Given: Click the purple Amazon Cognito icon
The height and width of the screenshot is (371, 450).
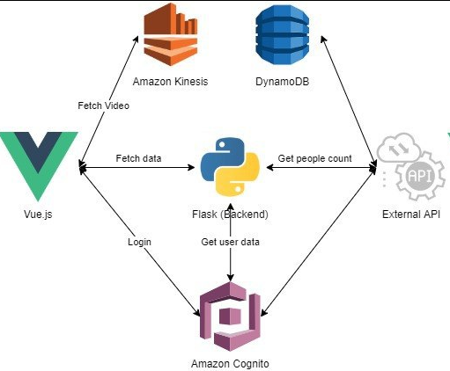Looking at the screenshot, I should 231,316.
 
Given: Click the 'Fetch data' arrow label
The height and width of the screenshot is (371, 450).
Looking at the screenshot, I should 138,158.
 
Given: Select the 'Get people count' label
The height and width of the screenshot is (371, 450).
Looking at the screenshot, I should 314,158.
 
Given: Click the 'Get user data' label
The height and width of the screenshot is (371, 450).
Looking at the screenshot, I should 231,242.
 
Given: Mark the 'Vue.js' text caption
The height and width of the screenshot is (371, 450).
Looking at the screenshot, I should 38,214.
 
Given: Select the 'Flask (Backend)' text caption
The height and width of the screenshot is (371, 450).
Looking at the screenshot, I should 230,214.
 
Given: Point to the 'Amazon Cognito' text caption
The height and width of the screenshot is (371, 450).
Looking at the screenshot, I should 231,362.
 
